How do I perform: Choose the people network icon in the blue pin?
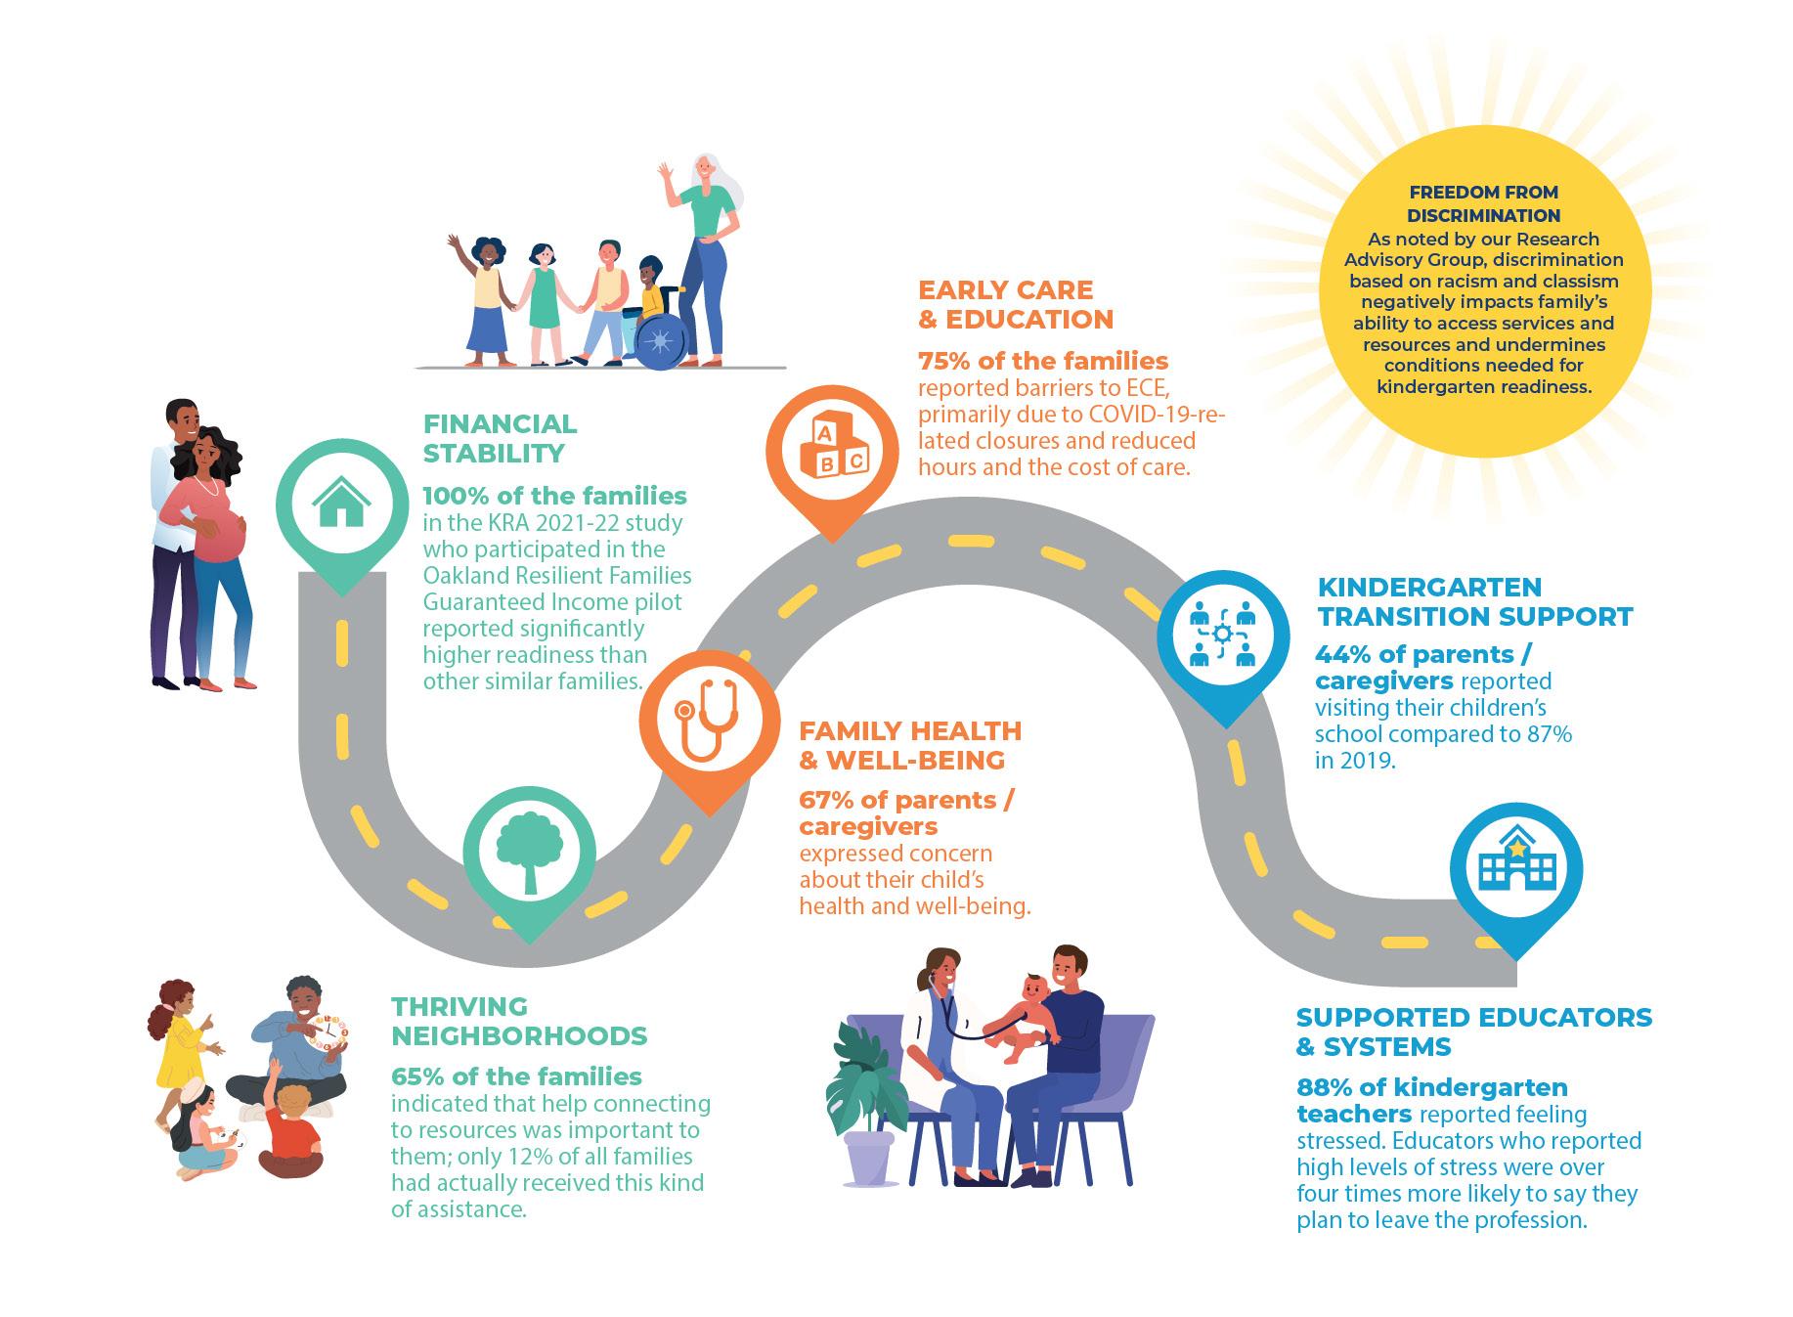(1222, 635)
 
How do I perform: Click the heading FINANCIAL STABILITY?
(500, 438)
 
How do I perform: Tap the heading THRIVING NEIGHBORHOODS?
(519, 1021)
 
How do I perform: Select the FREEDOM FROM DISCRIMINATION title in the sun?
(1483, 203)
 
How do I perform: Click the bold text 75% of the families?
(1043, 361)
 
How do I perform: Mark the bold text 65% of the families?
(516, 1076)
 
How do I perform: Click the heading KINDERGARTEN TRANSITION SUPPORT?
(1474, 601)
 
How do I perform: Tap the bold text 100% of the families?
(554, 496)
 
